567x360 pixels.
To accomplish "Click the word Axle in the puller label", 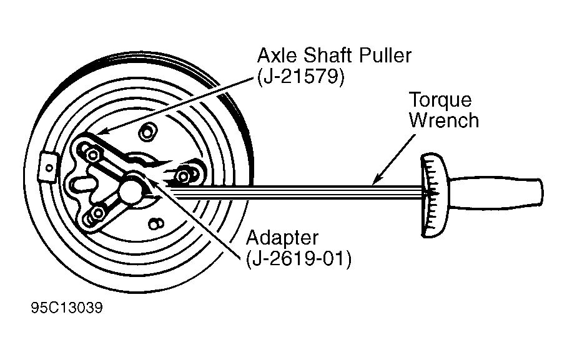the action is [278, 56].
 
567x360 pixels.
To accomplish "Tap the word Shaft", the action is [328, 56].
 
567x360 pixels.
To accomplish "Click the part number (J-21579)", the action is [300, 77].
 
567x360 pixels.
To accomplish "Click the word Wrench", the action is [444, 120].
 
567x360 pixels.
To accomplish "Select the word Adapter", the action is [282, 239].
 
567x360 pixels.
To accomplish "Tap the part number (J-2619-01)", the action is [298, 259].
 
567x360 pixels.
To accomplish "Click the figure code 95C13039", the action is [67, 308].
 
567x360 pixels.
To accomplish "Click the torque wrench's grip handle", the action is [495, 193].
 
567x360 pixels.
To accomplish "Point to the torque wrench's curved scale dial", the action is [433, 195].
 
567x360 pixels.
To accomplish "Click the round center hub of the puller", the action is [130, 190].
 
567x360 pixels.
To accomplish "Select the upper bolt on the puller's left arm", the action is [93, 155].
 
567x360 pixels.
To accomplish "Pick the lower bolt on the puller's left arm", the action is [97, 214].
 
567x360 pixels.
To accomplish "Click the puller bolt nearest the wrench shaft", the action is [184, 177].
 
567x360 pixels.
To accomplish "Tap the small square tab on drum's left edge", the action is [48, 167].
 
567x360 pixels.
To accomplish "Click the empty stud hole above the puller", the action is [147, 132].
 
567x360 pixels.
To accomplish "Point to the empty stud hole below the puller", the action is [156, 224].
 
